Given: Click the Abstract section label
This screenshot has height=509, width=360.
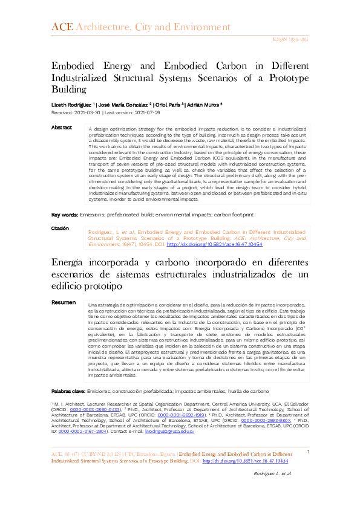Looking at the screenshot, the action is (x=62, y=128).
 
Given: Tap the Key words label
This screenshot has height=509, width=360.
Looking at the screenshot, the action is (x=64, y=214).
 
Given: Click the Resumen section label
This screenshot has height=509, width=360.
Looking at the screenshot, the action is (x=64, y=302).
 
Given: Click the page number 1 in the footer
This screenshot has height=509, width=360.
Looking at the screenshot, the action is (x=309, y=468).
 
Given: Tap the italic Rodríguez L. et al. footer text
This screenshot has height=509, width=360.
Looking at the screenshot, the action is (x=272, y=490).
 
